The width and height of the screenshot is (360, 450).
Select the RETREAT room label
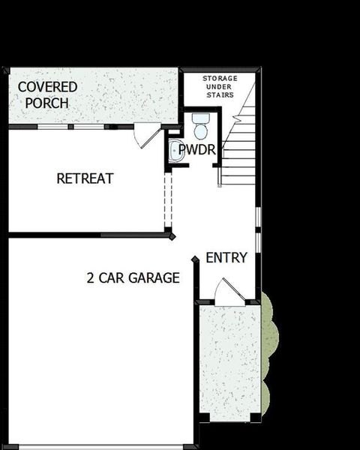85,178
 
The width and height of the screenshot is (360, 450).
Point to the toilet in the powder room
200,125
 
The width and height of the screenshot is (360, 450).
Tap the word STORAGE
220,78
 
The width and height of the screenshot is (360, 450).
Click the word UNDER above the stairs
220,86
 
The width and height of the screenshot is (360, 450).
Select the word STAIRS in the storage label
220,95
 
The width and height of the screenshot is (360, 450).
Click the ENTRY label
226,258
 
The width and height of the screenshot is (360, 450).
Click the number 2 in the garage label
90,278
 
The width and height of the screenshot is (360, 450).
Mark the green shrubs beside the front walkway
269,352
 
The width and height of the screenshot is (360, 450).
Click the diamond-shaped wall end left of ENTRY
195,259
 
